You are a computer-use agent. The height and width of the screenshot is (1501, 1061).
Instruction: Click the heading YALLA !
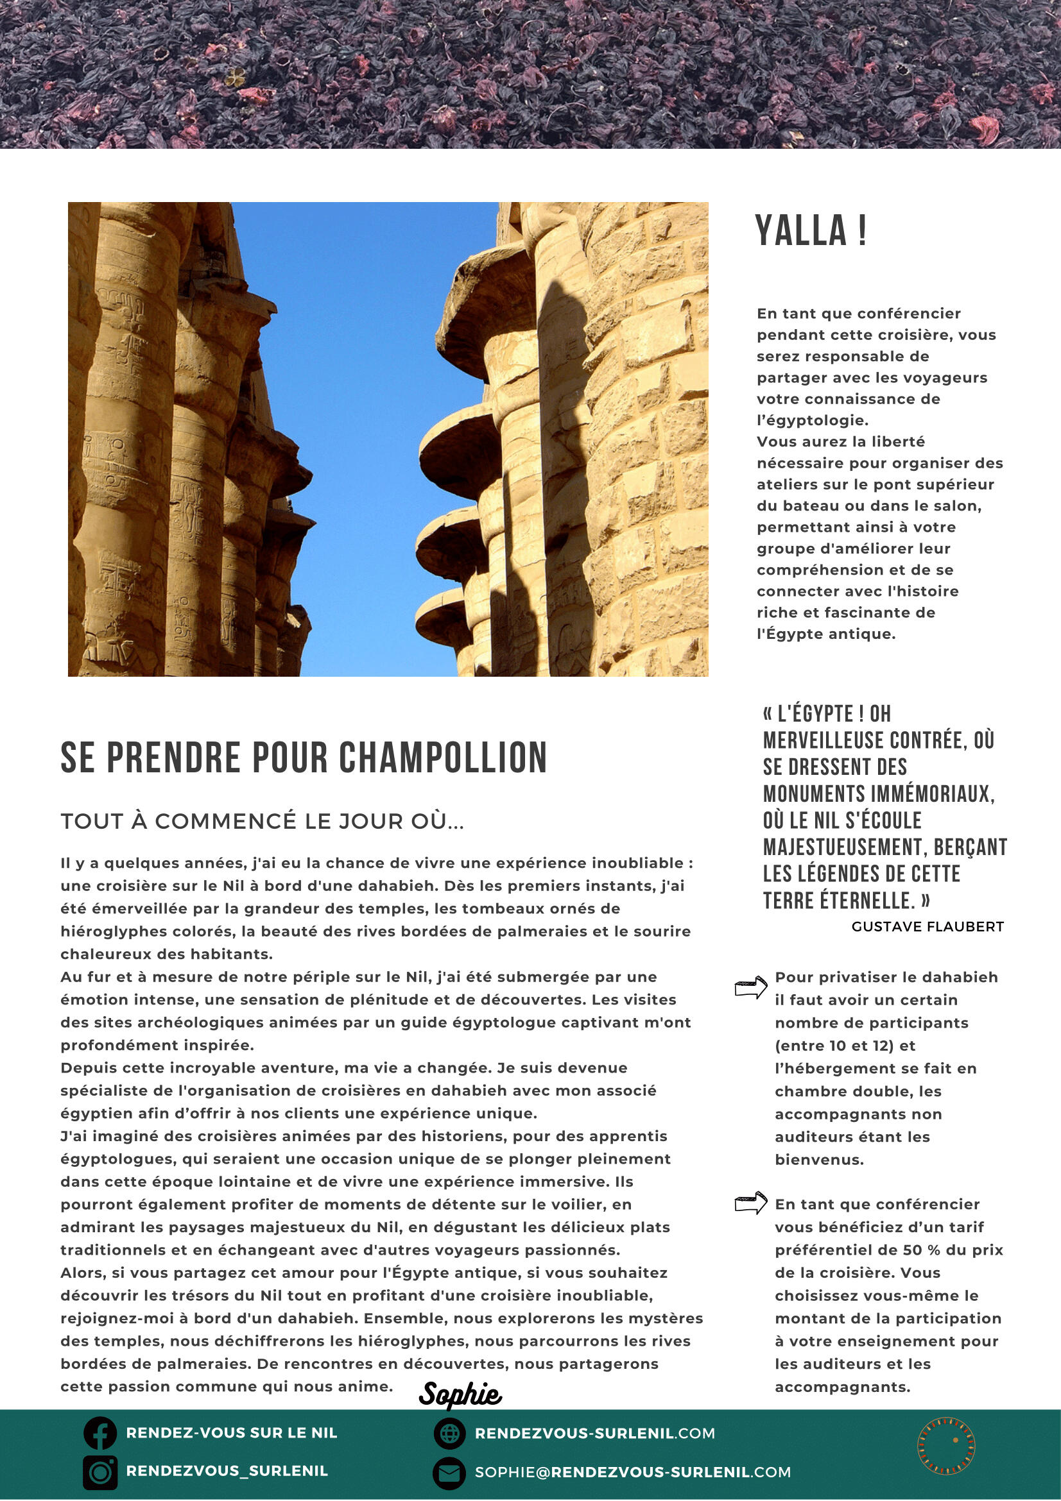pos(811,230)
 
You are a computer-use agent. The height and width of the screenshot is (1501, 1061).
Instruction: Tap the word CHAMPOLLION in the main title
pos(442,758)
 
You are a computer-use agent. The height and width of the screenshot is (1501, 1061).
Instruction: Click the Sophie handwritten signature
pos(460,1395)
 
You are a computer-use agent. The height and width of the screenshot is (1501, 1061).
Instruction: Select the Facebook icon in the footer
pos(99,1433)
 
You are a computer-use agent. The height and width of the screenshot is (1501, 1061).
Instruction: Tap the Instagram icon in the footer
pos(99,1471)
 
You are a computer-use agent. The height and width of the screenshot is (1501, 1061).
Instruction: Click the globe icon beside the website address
pos(449,1434)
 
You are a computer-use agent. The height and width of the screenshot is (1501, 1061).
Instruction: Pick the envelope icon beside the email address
pos(449,1472)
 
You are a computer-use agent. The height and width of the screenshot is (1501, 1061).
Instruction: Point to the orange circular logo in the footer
pos(946,1446)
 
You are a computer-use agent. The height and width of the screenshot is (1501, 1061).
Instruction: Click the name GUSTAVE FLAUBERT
pos(927,926)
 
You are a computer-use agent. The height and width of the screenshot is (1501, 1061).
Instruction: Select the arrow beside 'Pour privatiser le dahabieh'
pos(750,987)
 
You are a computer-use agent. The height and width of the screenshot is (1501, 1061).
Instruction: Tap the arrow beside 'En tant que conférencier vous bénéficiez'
pos(750,1202)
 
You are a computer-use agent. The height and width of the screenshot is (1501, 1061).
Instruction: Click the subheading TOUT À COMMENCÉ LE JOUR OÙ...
pos(263,821)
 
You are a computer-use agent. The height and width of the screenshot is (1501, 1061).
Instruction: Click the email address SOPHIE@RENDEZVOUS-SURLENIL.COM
pos(632,1472)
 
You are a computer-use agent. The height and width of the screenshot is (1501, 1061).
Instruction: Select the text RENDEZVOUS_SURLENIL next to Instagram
pos(227,1471)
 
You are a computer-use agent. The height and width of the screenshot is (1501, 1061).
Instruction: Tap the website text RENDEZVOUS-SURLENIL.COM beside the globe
pos(594,1434)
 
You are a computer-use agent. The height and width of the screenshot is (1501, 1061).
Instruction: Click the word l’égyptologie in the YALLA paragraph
pos(812,420)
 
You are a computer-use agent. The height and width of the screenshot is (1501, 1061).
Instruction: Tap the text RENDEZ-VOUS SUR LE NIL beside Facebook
pos(232,1433)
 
